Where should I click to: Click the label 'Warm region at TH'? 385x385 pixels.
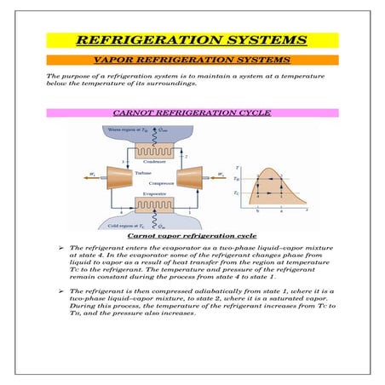tap(129, 129)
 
